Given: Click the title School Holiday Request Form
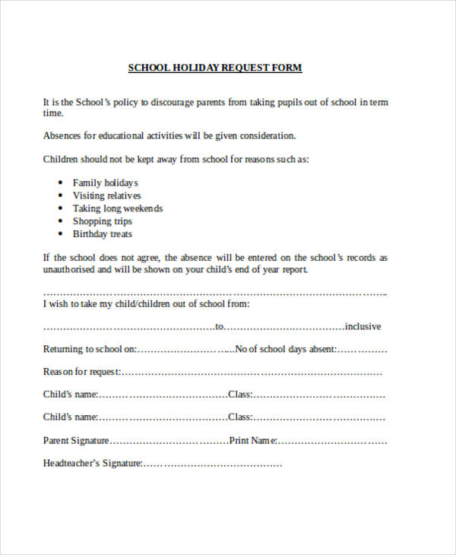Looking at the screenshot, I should tap(215, 68).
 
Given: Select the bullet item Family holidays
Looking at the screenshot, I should tap(105, 182).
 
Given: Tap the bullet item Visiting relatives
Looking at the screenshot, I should tap(106, 195).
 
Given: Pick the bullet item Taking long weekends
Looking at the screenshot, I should tap(117, 208).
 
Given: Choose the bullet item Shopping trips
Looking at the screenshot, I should tap(102, 221).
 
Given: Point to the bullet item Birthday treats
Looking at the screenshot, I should tap(102, 234).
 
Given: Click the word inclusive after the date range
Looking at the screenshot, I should tap(363, 327).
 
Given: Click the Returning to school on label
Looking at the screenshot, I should tap(90, 350).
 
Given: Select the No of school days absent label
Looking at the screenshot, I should tap(285, 350).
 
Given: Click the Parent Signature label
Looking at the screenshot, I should tap(76, 440).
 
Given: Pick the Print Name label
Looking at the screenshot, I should tap(253, 440).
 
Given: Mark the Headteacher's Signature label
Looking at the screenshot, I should tap(93, 463).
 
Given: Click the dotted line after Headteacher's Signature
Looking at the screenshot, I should tap(213, 464).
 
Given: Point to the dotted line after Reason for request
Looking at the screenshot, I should tap(251, 373).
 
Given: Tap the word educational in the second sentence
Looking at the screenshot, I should tap(116, 135).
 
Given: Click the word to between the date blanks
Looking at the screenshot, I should tap(220, 327).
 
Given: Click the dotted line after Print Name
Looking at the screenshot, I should tap(331, 441).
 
